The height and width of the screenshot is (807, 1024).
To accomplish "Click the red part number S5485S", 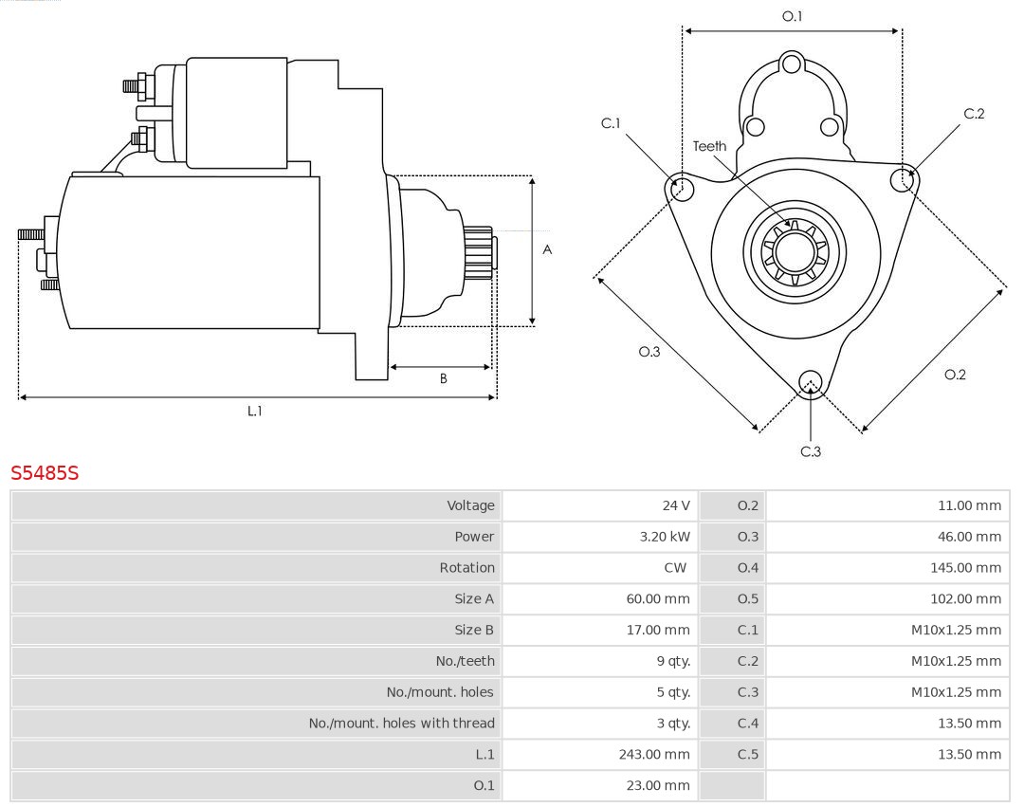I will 45,472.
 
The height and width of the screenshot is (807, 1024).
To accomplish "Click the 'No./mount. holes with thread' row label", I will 401,724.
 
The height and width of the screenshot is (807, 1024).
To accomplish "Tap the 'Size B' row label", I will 474,630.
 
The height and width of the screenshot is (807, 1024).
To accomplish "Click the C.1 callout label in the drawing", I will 611,123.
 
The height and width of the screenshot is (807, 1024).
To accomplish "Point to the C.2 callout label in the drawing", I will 974,114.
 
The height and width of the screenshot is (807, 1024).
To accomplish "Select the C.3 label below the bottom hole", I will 811,451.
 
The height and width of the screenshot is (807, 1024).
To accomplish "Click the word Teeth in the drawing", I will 709,146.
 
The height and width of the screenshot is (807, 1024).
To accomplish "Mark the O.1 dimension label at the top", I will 792,16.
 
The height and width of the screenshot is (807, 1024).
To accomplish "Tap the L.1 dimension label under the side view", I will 254,411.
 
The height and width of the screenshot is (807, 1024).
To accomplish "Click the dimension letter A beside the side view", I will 547,250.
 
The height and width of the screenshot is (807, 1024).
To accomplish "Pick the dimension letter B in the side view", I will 443,378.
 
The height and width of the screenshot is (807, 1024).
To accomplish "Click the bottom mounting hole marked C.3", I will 810,382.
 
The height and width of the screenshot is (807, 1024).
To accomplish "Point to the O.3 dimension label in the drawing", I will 649,352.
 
